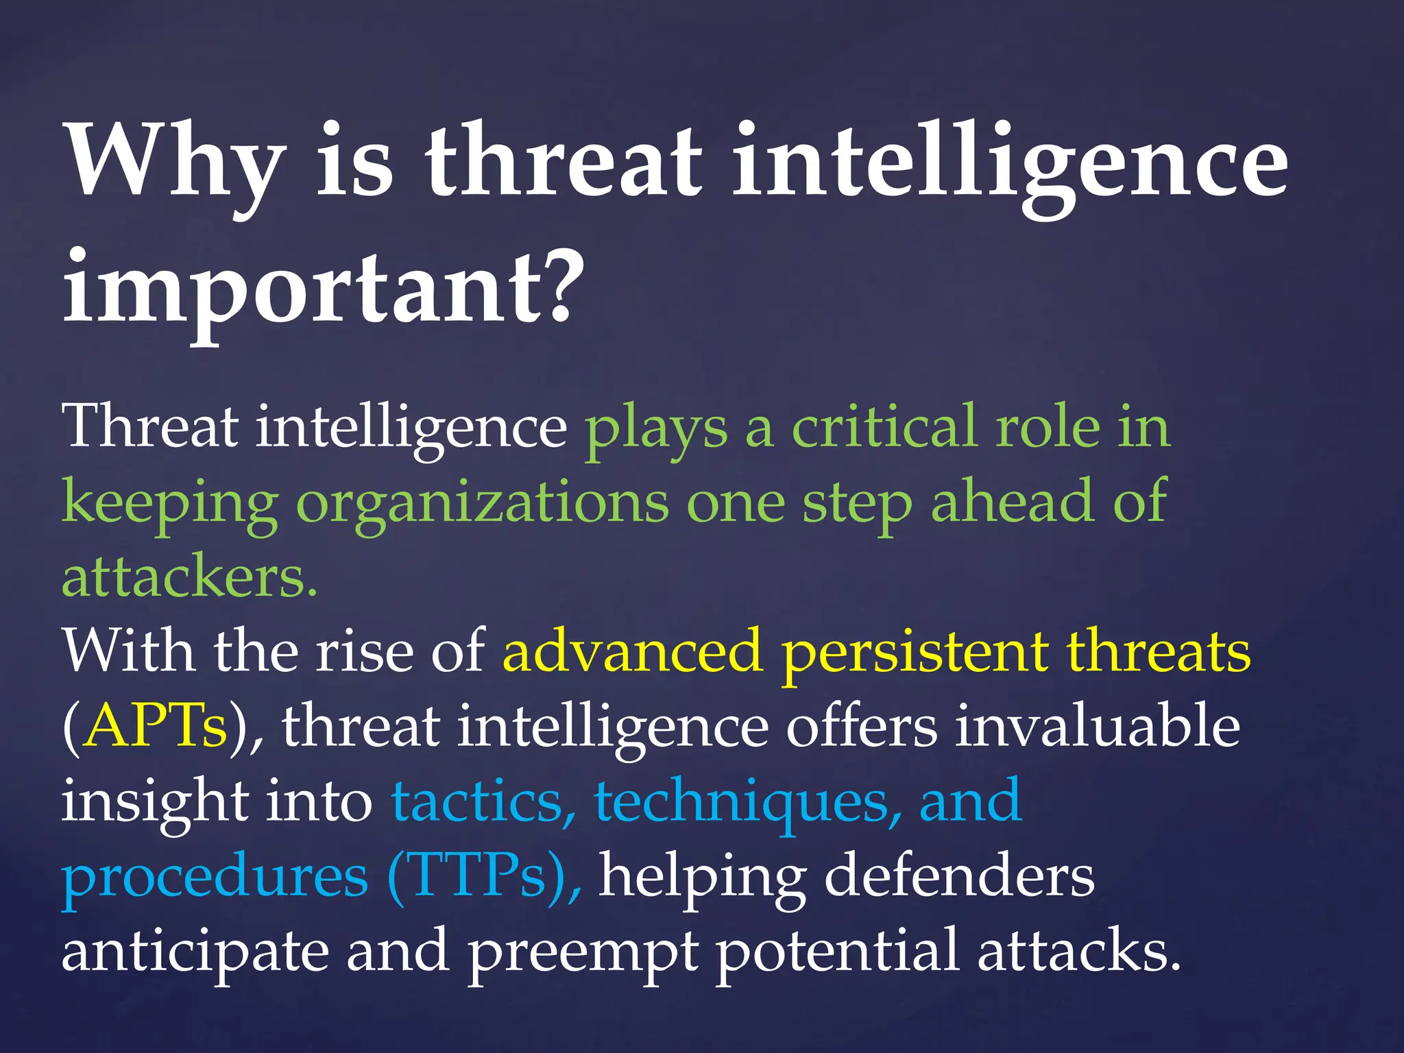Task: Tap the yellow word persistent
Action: click(915, 651)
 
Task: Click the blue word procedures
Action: click(215, 877)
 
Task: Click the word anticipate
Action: click(195, 953)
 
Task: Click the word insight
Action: click(154, 802)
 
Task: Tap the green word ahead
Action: click(1010, 502)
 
